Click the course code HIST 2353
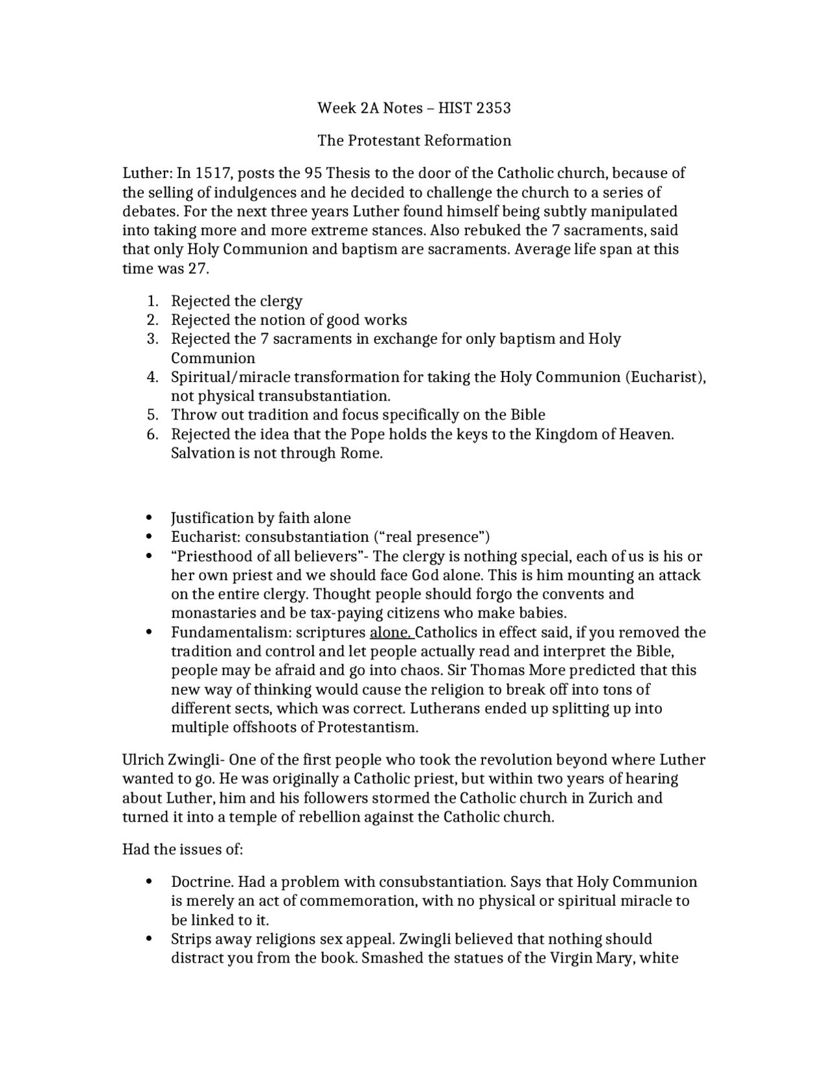click(x=474, y=108)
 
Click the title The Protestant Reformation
click(x=414, y=140)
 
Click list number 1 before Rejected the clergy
click(x=152, y=301)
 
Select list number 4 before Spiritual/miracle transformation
click(x=152, y=377)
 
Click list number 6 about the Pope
click(x=152, y=434)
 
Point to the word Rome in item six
click(x=360, y=453)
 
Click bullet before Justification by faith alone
click(x=150, y=519)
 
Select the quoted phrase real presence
click(x=432, y=537)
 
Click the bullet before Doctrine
click(x=150, y=882)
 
